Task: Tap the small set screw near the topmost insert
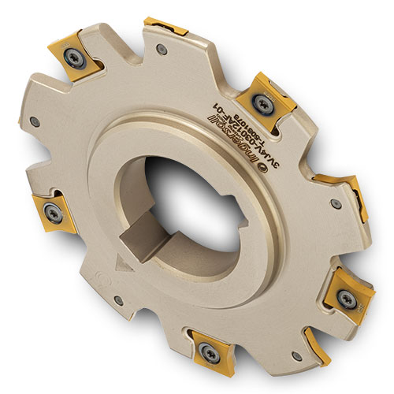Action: pyautogui.click(x=161, y=50)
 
